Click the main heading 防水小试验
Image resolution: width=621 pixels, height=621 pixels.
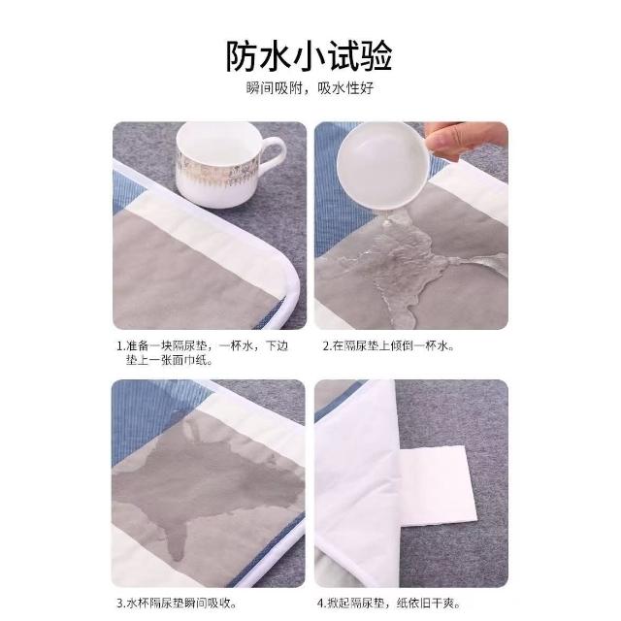tap(310, 55)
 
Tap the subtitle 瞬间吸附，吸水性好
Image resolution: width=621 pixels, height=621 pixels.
tap(310, 88)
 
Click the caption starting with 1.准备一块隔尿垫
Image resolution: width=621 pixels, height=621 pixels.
tap(202, 353)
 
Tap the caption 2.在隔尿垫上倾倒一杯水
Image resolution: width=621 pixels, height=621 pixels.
tap(388, 346)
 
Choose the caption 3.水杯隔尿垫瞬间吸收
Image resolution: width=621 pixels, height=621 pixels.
tap(177, 604)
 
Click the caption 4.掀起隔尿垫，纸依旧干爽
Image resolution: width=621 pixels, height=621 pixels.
tap(389, 604)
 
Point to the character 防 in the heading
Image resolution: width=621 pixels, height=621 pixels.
tap(242, 56)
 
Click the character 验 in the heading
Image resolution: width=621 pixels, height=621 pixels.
tap(376, 56)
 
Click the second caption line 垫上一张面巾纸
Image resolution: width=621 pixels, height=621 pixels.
tap(170, 360)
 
